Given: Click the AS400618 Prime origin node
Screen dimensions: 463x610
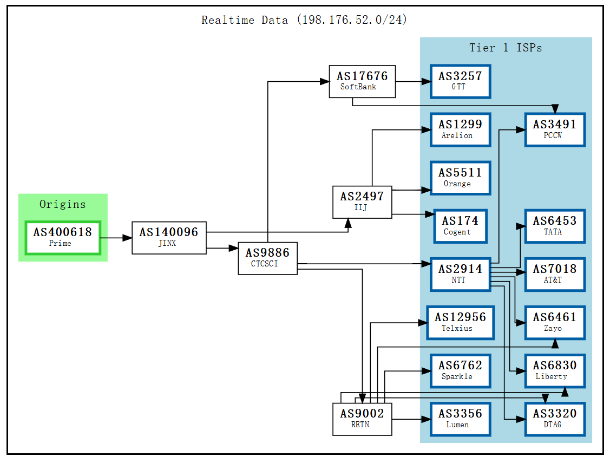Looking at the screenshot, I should coord(63,237).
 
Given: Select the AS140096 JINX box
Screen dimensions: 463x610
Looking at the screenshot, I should coord(169,237).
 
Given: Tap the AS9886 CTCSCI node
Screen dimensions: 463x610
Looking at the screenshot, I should coord(267,258).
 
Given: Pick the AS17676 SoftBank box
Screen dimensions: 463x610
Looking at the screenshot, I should coord(362,81).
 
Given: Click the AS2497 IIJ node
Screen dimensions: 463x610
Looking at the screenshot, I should coord(362,201).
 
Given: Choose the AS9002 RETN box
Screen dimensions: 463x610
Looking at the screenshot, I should coord(362,419).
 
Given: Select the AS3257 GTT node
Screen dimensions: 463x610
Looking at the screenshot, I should coord(460,81).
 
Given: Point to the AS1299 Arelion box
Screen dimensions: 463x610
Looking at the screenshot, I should coord(460,129).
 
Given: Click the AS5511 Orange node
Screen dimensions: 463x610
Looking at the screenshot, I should coord(460,178).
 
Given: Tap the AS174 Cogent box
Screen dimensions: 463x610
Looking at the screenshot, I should coord(460,226).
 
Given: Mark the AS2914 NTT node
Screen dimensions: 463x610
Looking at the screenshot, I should coord(460,274).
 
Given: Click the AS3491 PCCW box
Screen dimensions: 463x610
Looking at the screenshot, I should coord(554,129).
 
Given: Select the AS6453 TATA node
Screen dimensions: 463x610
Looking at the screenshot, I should coord(554,226).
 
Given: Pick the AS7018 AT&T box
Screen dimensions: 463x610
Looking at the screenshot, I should coord(554,274).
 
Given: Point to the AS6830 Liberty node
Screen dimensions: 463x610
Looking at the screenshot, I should coord(554,370).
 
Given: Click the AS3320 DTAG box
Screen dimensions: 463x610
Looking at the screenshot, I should coord(554,419).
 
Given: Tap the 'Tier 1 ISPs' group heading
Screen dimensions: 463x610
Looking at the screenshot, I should coord(506,48).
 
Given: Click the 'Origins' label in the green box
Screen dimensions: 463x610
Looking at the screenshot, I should coord(63,204).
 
